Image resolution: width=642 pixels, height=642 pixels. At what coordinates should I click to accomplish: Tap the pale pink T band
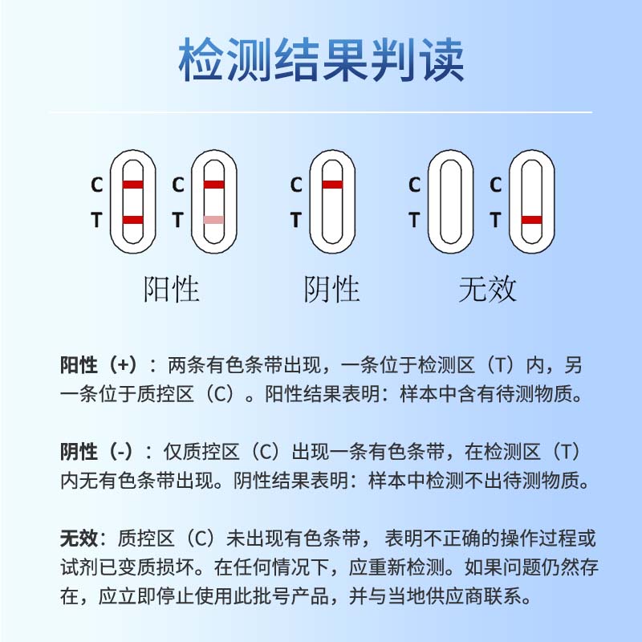[x=213, y=219]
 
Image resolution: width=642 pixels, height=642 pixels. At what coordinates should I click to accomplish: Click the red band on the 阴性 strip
[x=332, y=185]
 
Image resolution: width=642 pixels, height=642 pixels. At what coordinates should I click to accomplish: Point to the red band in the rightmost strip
[x=531, y=219]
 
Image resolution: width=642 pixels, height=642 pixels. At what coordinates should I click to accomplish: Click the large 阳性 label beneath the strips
[x=171, y=288]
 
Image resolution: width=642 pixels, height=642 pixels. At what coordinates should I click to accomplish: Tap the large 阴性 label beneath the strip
[x=332, y=288]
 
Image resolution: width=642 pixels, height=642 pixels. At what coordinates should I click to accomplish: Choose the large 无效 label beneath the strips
[x=487, y=288]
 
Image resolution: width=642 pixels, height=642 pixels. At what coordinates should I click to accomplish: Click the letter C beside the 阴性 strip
[x=296, y=185]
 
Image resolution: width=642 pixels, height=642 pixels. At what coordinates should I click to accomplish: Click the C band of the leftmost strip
[x=133, y=185]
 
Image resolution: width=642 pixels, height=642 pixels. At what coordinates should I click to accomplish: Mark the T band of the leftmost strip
[x=133, y=219]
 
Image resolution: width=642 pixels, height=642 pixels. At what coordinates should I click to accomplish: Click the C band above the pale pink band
[x=213, y=185]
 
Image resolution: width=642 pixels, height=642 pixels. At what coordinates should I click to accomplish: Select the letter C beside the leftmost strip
[x=97, y=185]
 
